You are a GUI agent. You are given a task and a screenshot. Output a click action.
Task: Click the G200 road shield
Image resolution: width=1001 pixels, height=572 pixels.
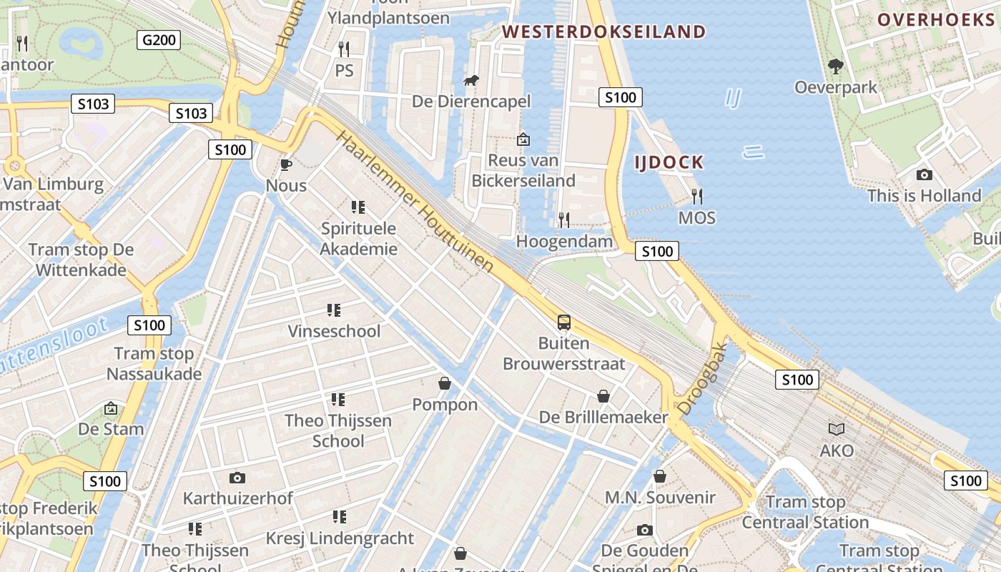[159, 40]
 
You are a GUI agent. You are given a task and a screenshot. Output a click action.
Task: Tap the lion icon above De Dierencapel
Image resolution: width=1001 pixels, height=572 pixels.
[471, 81]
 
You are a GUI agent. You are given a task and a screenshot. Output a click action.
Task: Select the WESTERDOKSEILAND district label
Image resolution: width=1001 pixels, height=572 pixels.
[604, 31]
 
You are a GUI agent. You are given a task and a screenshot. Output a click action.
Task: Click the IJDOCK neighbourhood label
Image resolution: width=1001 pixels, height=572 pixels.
[669, 162]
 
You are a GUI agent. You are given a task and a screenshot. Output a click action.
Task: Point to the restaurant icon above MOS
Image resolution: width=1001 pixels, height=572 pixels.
[697, 196]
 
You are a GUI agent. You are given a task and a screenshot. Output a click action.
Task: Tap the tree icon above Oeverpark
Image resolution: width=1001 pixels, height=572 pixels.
[835, 66]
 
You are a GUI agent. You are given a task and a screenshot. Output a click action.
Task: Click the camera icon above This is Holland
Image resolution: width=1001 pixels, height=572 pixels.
[924, 174]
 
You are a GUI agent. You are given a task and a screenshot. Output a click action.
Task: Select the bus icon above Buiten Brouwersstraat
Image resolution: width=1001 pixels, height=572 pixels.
[564, 322]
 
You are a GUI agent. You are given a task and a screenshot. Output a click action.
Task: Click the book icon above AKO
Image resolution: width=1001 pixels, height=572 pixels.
[837, 429]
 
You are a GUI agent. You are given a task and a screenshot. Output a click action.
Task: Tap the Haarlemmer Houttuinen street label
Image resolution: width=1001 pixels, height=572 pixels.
[415, 202]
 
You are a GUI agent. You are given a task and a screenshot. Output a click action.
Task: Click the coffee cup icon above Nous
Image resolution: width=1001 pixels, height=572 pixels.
[286, 165]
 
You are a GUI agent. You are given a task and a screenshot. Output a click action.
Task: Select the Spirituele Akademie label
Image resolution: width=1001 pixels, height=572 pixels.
[359, 239]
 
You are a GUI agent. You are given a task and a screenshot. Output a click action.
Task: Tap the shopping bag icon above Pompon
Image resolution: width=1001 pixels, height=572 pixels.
[445, 384]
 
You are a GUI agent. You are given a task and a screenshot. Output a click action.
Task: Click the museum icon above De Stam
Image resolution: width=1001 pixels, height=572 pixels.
[111, 408]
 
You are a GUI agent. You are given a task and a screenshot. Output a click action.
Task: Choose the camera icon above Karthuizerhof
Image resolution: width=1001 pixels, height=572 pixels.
[237, 477]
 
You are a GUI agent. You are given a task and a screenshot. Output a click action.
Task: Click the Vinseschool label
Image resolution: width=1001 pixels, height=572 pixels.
[334, 331]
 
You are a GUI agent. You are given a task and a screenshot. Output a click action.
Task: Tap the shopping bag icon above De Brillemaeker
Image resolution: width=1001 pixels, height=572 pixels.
[603, 396]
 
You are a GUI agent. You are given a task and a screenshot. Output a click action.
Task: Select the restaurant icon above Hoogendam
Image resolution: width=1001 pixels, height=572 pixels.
[564, 220]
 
